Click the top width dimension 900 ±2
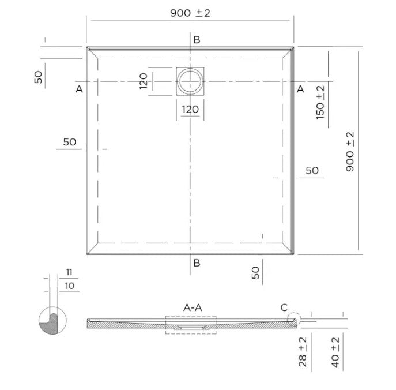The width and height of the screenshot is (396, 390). pyautogui.click(x=190, y=13)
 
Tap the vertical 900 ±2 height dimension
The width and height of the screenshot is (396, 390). pyautogui.click(x=350, y=152)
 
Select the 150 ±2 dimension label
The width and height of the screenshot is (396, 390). pyautogui.click(x=320, y=102)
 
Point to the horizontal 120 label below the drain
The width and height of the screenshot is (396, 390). pyautogui.click(x=190, y=110)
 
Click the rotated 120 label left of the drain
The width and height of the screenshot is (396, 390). pyautogui.click(x=144, y=81)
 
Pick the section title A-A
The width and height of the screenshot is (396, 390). pyautogui.click(x=193, y=307)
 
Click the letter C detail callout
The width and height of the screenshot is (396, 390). pyautogui.click(x=284, y=307)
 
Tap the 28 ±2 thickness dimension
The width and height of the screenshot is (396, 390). pyautogui.click(x=303, y=352)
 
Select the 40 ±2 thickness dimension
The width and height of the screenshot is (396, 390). pyautogui.click(x=335, y=352)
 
